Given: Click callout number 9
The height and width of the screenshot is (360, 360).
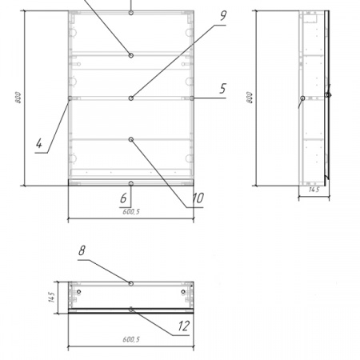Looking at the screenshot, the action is point(223,16).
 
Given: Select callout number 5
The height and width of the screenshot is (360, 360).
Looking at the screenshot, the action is point(223,89).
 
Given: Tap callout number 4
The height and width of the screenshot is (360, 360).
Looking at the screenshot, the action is point(39,143).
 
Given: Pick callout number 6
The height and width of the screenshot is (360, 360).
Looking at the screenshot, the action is point(123,198).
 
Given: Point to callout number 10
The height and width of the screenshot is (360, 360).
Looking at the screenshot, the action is point(198,198).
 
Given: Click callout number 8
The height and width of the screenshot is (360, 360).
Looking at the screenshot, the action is point(82,250).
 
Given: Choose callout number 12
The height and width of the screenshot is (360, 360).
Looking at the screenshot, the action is point(184,326).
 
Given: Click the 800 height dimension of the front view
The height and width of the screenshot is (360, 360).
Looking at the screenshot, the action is point(18,98).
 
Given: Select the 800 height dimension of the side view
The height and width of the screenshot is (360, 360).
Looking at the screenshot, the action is point(250,98).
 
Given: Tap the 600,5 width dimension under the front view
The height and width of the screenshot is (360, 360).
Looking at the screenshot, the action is point(131,212).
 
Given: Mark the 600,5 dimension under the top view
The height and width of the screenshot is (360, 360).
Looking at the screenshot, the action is point(131,339).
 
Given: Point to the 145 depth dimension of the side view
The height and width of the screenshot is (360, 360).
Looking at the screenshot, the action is point(314,190).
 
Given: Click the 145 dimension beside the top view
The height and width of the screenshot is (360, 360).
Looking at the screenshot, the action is point(52,298).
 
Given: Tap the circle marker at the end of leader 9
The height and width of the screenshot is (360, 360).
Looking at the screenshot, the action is point(131,98).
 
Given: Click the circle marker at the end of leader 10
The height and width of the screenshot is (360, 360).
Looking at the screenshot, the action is point(131,139).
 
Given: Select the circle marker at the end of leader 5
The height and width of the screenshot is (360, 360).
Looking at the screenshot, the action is point(192,98).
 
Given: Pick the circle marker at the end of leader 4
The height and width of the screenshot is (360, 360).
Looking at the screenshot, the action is point(70,98).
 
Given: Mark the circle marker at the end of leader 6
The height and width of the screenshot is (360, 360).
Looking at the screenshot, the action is point(131,184).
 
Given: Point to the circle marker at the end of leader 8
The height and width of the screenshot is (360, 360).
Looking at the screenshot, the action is point(131,283).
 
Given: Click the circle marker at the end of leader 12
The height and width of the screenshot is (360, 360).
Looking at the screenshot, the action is point(131,310).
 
